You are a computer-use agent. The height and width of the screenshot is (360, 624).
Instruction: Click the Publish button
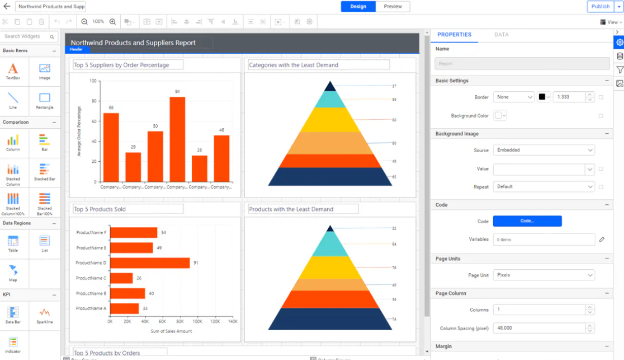600,7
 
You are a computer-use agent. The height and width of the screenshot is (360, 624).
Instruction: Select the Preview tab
393,7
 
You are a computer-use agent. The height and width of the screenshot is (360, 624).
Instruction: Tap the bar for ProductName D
150,263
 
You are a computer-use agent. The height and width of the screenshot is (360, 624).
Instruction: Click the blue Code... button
527,221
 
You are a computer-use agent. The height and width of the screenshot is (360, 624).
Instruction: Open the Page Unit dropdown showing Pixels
543,275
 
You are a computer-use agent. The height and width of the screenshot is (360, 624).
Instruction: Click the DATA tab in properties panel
501,34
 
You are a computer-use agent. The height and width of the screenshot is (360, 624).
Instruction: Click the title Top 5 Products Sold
100,209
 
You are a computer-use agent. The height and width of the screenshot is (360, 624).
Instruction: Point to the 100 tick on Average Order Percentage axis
93,81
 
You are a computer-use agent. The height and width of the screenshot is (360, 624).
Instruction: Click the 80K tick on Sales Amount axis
180,321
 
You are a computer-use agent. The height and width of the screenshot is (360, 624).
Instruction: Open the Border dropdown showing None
513,97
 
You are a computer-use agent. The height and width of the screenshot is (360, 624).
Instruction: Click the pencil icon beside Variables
602,239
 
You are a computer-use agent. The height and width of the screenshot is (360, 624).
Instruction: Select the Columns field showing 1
539,310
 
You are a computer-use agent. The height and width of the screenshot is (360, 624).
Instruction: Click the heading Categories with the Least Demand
294,65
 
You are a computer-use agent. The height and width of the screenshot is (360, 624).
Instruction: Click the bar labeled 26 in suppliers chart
199,168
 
